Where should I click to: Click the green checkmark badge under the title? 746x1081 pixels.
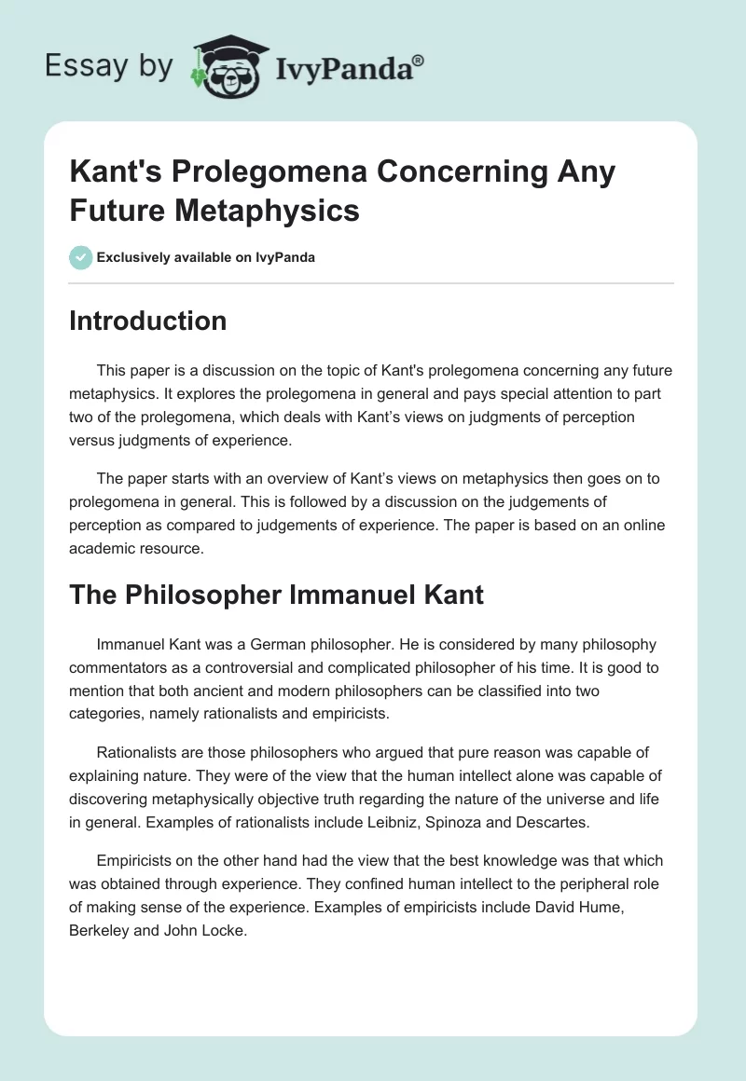[x=80, y=257]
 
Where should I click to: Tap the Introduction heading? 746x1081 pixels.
[x=148, y=321]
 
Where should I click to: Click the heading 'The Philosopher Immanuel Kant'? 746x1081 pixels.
[x=276, y=595]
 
